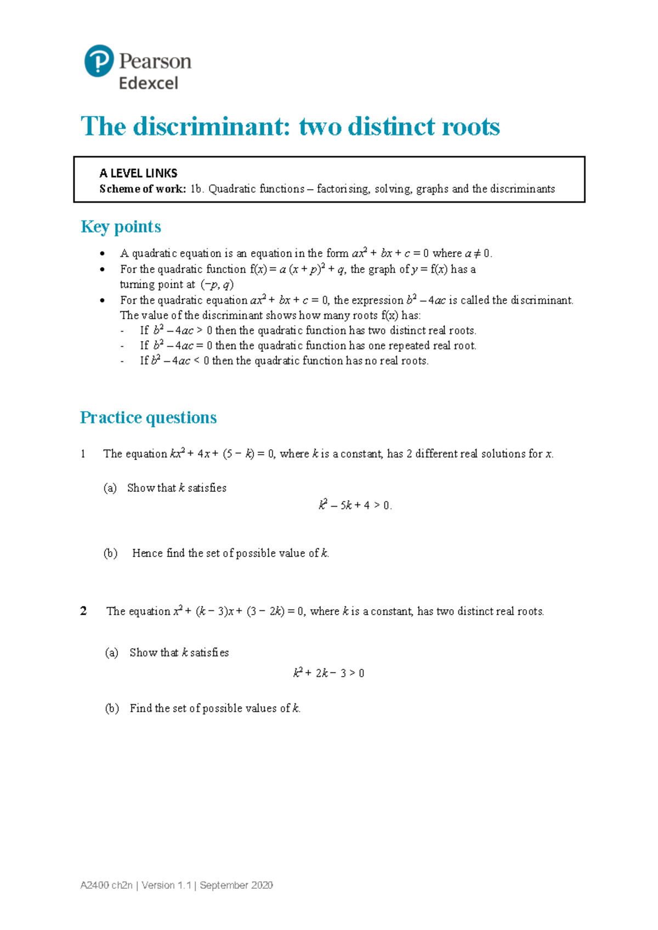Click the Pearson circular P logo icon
pos(99,61)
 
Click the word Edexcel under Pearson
pos(149,83)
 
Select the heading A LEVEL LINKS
pos(138,173)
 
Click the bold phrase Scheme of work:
pos(143,189)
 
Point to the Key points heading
pos(121,227)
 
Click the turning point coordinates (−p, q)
pos(217,285)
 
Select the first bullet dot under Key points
pos(102,254)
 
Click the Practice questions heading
pos(148,418)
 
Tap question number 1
pos(83,454)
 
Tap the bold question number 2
pos(83,611)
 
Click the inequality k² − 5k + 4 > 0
pos(355,506)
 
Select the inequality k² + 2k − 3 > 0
pos(329,673)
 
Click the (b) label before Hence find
pos(110,553)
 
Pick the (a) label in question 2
pos(112,653)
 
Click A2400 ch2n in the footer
pos(106,886)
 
